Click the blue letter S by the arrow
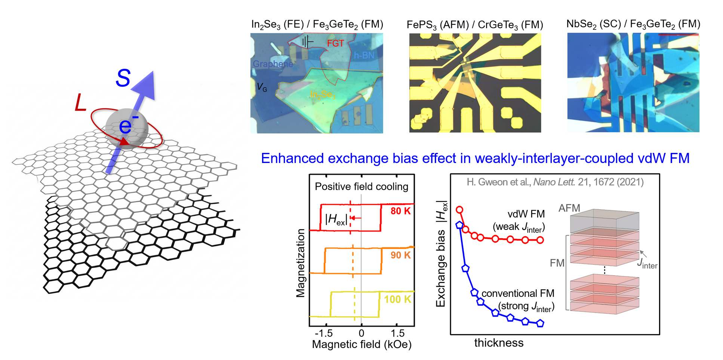tap(123, 79)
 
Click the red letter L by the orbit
tap(81, 103)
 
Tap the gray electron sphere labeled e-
tap(127, 128)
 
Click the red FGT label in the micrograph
tap(335, 44)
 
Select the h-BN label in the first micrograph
tap(364, 56)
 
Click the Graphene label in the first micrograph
tap(273, 64)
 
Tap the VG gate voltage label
tap(262, 87)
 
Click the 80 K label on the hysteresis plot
tap(400, 211)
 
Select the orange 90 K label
tap(400, 255)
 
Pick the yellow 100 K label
tap(397, 299)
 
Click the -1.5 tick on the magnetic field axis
tap(324, 333)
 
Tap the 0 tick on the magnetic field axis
tap(361, 333)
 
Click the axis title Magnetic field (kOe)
tap(361, 345)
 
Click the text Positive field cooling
tap(361, 187)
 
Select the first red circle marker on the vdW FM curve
tap(460, 210)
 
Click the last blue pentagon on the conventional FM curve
tap(540, 323)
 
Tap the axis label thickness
tap(499, 343)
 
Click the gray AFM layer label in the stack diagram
tap(569, 208)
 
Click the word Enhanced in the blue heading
tap(292, 159)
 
